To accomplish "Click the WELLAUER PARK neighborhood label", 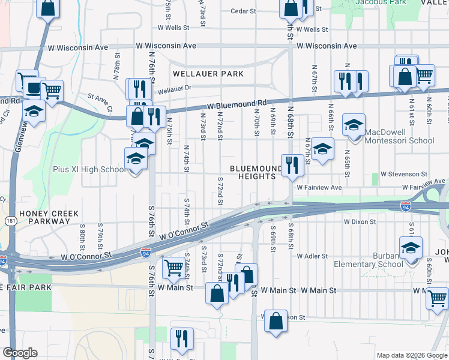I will click(x=208, y=74).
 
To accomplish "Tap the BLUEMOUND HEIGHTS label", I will click(x=256, y=172).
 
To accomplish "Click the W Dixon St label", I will click(x=360, y=221).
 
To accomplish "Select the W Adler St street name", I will click(x=312, y=256).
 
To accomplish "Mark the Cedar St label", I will click(x=244, y=11).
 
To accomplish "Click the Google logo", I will click(x=20, y=353).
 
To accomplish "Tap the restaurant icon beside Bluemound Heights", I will click(x=292, y=164).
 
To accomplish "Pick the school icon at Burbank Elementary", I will click(x=411, y=248).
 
